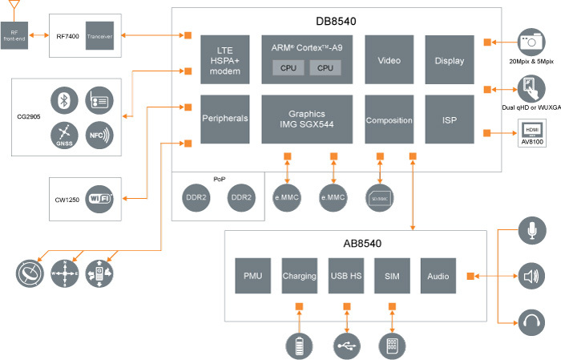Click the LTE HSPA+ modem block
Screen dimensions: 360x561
[x=225, y=59]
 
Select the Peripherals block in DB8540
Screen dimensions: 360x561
[x=225, y=119]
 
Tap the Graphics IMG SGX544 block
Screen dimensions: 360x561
[x=308, y=119]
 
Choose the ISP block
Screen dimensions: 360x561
[x=450, y=119]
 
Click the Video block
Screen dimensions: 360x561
[x=389, y=59]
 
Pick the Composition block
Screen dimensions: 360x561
[x=389, y=119]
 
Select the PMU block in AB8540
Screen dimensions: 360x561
[x=252, y=276]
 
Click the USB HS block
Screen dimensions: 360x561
[x=345, y=276]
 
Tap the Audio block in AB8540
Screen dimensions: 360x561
[x=438, y=276]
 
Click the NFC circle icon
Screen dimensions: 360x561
[x=99, y=135]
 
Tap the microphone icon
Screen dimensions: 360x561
[x=530, y=232]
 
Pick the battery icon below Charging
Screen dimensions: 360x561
[x=298, y=346]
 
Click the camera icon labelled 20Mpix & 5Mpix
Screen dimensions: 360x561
[x=529, y=41]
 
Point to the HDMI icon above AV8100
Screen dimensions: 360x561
[x=530, y=128]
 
